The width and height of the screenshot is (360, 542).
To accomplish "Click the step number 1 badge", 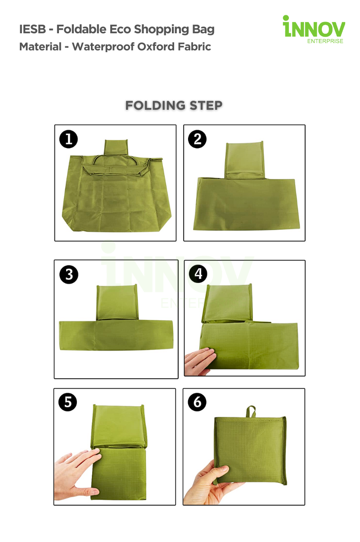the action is tap(68, 139).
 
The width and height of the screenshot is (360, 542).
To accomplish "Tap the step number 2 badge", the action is tap(197, 139).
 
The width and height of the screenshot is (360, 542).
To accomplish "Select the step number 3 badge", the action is tap(69, 275).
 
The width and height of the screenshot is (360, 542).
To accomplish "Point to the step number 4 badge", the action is tap(198, 274).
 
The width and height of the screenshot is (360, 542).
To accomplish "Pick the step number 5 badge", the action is tap(68, 402).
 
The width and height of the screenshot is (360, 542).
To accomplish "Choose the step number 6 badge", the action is tap(197, 402).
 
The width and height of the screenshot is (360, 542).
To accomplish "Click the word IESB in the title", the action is tap(32, 29).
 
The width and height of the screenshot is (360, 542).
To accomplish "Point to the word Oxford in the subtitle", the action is tap(156, 46).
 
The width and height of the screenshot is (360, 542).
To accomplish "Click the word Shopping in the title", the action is tap(162, 30).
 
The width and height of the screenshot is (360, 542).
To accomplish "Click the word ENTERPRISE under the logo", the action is tap(325, 41).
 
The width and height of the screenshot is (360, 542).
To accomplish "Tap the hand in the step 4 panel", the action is tap(200, 361).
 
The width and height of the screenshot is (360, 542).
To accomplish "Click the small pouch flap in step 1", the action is tap(116, 148).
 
